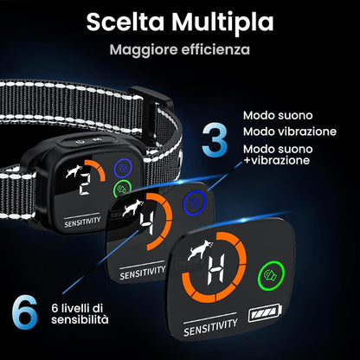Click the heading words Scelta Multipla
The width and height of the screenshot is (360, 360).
click(x=179, y=21)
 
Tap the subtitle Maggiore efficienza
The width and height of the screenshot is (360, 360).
click(x=179, y=49)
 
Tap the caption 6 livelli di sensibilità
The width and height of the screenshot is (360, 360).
click(x=78, y=312)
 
